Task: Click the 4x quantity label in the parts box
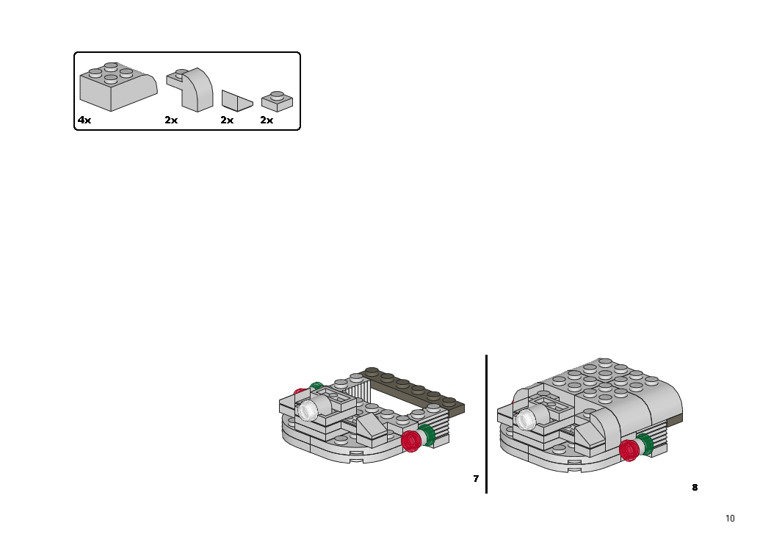84,120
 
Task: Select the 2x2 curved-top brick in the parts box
118,87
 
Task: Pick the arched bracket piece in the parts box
190,89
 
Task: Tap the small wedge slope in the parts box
237,101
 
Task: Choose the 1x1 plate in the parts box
277,101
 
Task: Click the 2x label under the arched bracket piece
171,120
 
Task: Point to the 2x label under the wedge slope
227,120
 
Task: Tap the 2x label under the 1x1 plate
267,120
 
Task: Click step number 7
476,479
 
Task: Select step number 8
695,488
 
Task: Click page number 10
730,519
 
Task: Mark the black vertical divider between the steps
486,424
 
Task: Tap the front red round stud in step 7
411,441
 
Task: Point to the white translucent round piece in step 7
308,411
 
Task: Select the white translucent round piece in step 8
526,420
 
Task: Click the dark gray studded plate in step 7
413,391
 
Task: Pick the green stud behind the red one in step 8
645,444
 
